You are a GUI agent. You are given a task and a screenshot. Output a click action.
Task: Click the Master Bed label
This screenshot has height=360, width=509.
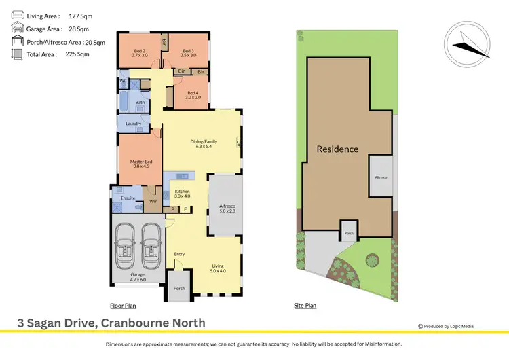[x=140, y=163]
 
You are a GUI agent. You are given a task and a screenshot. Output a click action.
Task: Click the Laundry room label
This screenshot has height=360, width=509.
[x=133, y=124]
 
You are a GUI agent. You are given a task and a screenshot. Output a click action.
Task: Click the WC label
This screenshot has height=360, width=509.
[x=124, y=81]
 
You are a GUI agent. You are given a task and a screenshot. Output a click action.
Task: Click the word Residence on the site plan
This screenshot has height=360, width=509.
[x=337, y=149]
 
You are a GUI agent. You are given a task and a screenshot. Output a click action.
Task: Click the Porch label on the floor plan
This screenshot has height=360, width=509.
[x=179, y=288]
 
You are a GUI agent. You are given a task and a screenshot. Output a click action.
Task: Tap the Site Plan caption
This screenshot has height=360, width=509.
[x=304, y=306]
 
